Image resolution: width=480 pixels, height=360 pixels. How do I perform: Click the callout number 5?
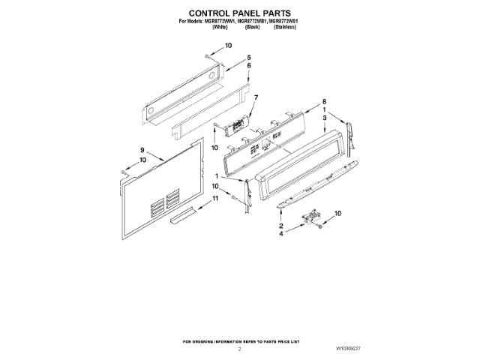pyautogui.click(x=250, y=58)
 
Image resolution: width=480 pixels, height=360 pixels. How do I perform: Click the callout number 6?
pyautogui.click(x=250, y=65)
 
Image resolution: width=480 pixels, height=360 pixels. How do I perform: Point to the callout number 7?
pyautogui.click(x=255, y=97)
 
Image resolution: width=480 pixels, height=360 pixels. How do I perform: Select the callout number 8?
pyautogui.click(x=324, y=102)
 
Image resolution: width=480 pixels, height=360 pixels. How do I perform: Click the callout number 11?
pyautogui.click(x=214, y=198)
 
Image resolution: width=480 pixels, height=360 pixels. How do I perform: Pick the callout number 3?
pyautogui.click(x=324, y=118)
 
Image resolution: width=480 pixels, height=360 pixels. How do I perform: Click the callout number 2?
pyautogui.click(x=280, y=226)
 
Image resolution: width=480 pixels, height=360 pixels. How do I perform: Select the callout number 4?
pyautogui.click(x=280, y=235)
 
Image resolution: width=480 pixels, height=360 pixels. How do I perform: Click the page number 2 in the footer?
pyautogui.click(x=239, y=349)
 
